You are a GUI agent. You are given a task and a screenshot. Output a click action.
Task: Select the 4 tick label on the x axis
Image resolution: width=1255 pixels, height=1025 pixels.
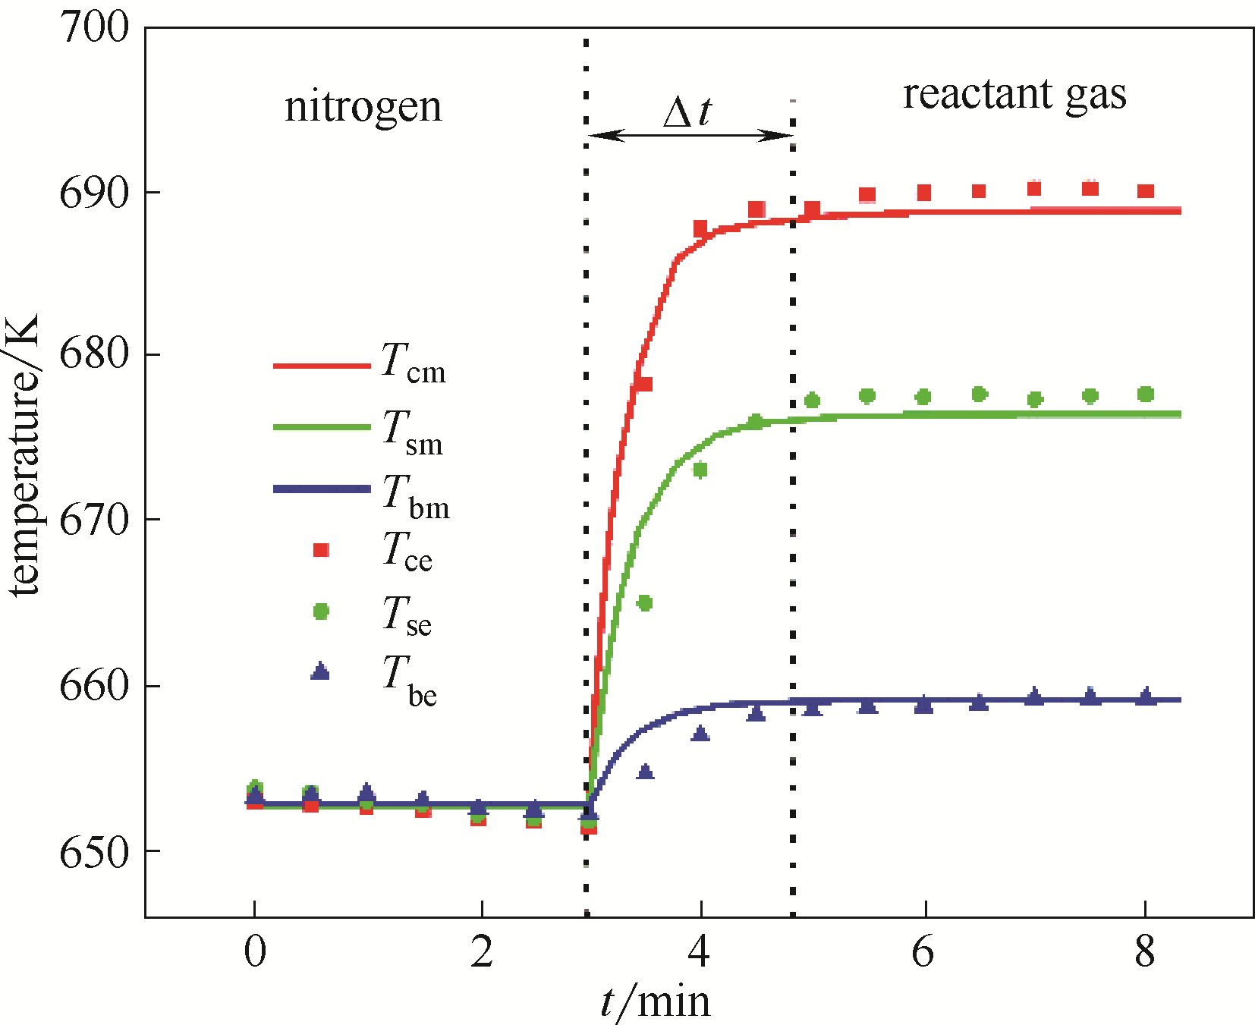point(700,951)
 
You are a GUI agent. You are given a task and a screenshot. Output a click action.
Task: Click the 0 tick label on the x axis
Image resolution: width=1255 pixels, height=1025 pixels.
point(255,951)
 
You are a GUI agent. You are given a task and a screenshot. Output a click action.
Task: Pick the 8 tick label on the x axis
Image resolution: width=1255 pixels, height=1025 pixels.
point(1145,951)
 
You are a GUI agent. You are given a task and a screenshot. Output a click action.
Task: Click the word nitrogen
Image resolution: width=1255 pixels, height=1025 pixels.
point(363,107)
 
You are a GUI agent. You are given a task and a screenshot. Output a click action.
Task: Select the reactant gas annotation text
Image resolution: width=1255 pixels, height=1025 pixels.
point(1014,95)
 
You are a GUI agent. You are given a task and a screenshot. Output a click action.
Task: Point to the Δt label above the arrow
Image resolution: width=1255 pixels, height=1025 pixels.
point(687,112)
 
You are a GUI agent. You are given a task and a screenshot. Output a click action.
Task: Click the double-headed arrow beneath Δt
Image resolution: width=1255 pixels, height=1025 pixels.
point(690,136)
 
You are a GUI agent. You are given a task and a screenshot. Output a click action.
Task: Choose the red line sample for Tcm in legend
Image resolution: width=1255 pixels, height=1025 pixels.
point(321,366)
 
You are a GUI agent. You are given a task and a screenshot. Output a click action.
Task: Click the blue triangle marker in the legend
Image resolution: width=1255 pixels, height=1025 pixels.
point(320,671)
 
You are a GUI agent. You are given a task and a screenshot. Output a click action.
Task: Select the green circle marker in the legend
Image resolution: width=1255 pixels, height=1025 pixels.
point(321,611)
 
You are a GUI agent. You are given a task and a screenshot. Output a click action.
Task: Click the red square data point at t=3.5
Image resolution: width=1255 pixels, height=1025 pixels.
point(644,384)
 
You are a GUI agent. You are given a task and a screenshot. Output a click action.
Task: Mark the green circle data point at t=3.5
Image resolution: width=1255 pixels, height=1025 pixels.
point(644,603)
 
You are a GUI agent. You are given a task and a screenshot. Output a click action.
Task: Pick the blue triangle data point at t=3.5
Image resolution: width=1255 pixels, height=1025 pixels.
point(645,772)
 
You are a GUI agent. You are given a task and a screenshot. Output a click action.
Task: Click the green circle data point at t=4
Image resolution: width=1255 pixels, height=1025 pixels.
point(700,470)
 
